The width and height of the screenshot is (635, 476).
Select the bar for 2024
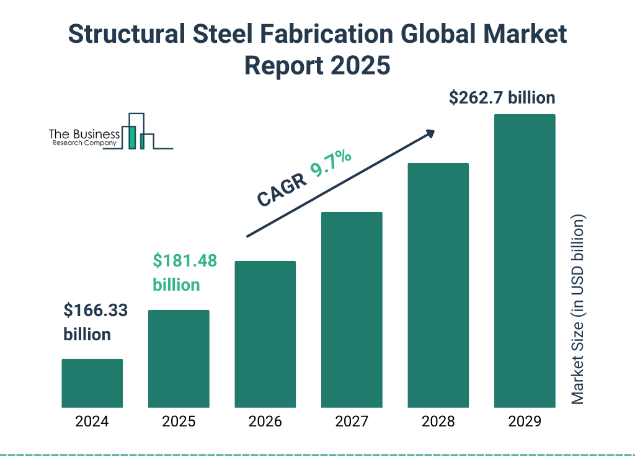[x=92, y=383]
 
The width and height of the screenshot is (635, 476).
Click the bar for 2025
[x=179, y=358]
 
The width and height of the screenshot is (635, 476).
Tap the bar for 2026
[x=265, y=334]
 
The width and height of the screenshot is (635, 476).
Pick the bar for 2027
[x=352, y=309]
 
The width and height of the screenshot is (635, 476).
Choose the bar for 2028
[x=438, y=285]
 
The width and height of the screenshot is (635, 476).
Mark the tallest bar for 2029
[x=525, y=260]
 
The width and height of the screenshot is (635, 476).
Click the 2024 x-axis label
[x=92, y=422]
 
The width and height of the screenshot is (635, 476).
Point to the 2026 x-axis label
[x=265, y=422]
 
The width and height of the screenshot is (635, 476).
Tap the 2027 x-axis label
[x=352, y=422]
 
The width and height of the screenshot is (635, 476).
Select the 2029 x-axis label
[x=525, y=422]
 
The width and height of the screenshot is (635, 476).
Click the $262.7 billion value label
[x=502, y=98]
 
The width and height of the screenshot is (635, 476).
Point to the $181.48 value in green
[x=185, y=261]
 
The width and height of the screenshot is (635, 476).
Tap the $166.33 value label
[x=95, y=311]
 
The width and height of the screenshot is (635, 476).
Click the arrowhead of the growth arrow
[x=430, y=133]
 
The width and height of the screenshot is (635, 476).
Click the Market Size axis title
[x=578, y=310]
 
